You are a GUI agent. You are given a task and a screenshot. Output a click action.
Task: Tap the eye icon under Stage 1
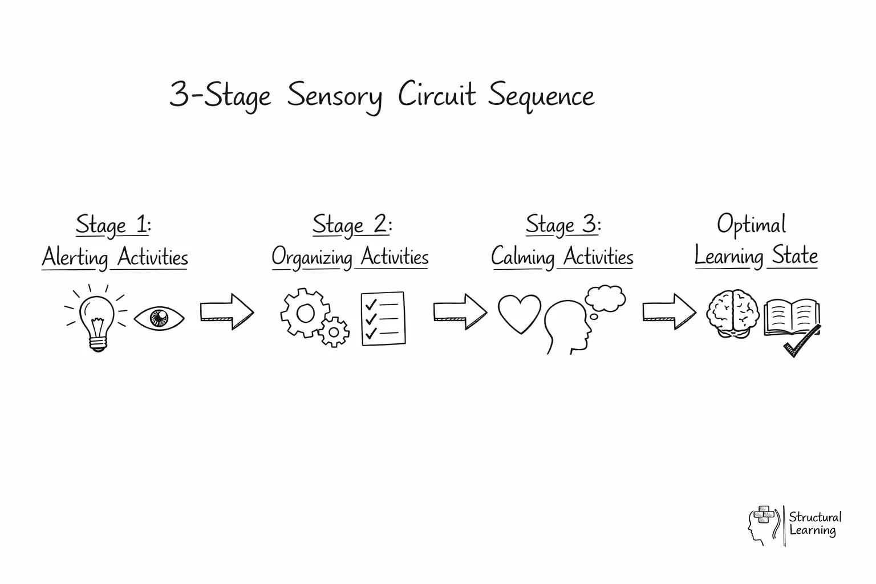click(x=159, y=318)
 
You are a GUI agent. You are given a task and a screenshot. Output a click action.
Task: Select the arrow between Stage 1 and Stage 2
click(x=226, y=311)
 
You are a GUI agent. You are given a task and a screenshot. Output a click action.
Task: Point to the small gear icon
click(x=334, y=331)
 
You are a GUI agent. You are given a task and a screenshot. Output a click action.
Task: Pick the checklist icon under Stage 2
click(x=383, y=318)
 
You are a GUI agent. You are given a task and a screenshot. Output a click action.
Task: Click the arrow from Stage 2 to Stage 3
click(x=460, y=311)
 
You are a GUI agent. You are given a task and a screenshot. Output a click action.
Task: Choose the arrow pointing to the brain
click(x=669, y=311)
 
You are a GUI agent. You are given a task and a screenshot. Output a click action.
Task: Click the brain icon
click(x=733, y=314)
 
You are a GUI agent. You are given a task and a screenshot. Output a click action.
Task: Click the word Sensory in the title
click(x=334, y=95)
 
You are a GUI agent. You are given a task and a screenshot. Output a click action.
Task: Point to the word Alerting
click(x=75, y=257)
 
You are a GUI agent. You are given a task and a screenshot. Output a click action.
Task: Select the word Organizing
click(x=312, y=257)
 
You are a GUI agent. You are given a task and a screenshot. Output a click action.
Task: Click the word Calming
click(x=523, y=257)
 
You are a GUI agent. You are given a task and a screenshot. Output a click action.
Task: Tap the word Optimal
click(x=752, y=225)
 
